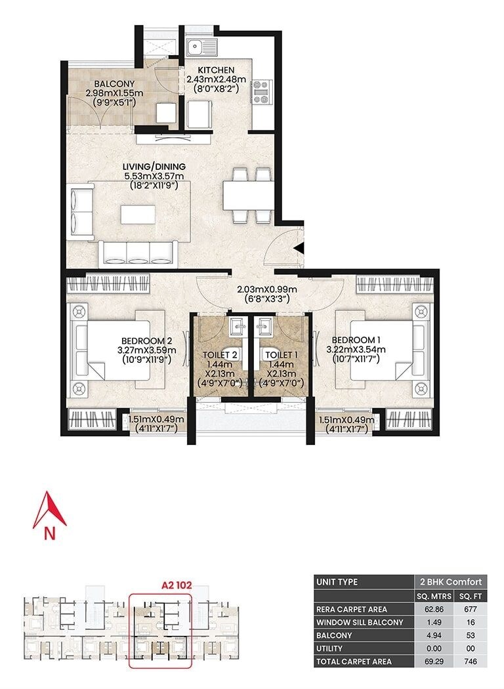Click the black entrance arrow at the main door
(298, 249)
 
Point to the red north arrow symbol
(49, 512)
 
